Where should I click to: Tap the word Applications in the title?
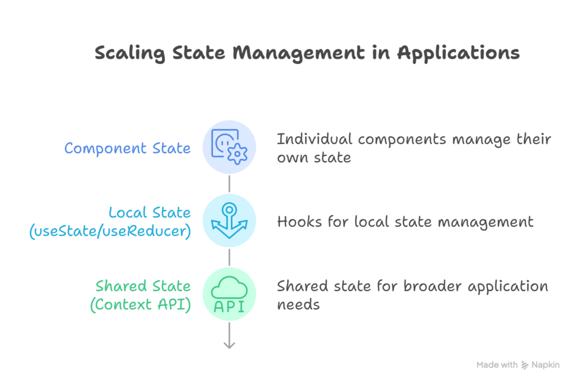click(x=458, y=53)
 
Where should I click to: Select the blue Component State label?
click(x=127, y=148)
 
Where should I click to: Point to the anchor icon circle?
click(x=229, y=220)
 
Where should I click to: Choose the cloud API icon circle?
click(x=229, y=294)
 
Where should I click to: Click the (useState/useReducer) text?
click(x=111, y=231)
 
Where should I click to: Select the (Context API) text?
click(x=141, y=304)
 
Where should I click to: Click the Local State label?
click(x=150, y=212)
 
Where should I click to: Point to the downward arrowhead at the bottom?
click(x=229, y=345)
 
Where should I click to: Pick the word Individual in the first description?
click(x=314, y=139)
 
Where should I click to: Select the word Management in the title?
click(x=299, y=53)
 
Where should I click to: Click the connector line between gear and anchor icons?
click(x=229, y=184)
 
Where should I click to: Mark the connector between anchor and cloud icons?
click(x=229, y=257)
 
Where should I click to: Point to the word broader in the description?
click(x=428, y=286)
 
